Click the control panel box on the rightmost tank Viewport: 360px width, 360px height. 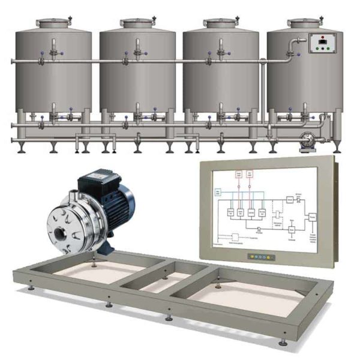pos(322,44)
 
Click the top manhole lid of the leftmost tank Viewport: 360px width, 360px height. pos(53,23)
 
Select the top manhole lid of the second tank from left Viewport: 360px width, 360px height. pos(137,23)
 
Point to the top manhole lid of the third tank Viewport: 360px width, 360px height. pos(221,23)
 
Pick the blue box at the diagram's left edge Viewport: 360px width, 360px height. pos(218,191)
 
